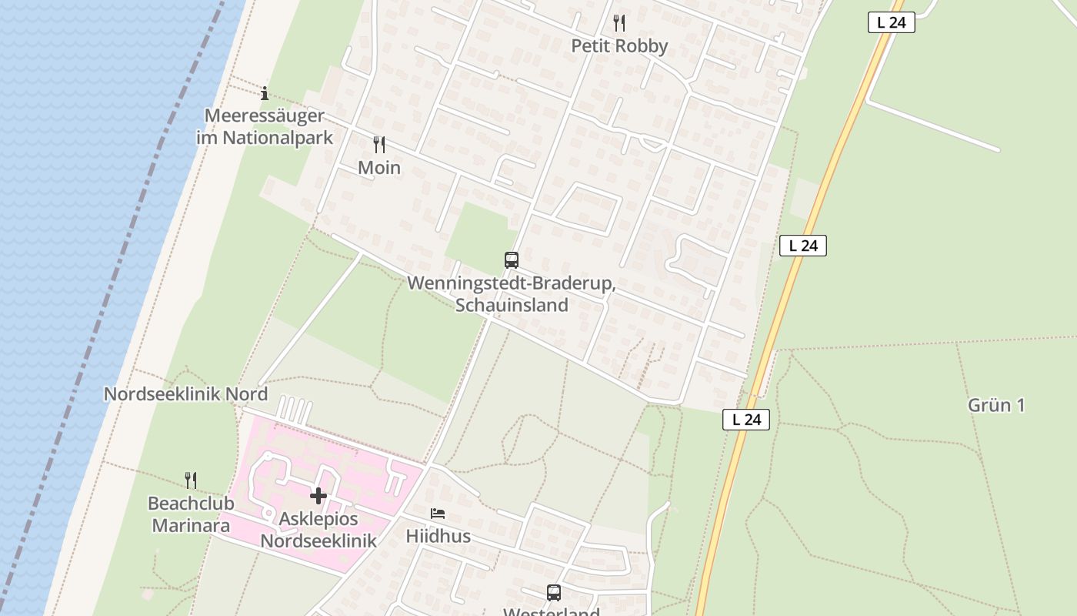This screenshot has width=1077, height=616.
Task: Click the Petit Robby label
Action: (x=619, y=46)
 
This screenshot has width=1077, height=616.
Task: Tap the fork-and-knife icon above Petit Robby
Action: (x=619, y=23)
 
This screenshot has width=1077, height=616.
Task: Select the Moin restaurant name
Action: (x=379, y=167)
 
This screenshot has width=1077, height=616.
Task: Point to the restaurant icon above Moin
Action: (x=379, y=144)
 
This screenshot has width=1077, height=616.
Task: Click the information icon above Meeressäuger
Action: (x=265, y=94)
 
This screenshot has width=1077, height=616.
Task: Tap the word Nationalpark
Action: (x=287, y=138)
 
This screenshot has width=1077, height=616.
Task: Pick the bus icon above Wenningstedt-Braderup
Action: (x=512, y=260)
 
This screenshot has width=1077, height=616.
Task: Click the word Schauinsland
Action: (x=512, y=305)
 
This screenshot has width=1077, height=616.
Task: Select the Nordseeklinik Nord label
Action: (x=185, y=394)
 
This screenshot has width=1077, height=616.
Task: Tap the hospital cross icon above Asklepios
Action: (x=318, y=496)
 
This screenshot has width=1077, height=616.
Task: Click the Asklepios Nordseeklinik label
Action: (x=318, y=530)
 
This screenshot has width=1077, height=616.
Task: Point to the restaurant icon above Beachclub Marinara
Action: (x=191, y=480)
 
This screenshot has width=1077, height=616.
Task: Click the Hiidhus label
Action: (x=438, y=536)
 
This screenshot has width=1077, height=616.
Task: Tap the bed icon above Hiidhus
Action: (x=438, y=514)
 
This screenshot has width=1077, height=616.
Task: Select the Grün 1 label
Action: (x=996, y=405)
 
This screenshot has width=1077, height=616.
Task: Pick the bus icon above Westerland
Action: (x=554, y=592)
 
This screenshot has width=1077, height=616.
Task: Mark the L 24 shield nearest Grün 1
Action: (x=746, y=420)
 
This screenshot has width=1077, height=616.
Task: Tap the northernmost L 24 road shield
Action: (x=891, y=22)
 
